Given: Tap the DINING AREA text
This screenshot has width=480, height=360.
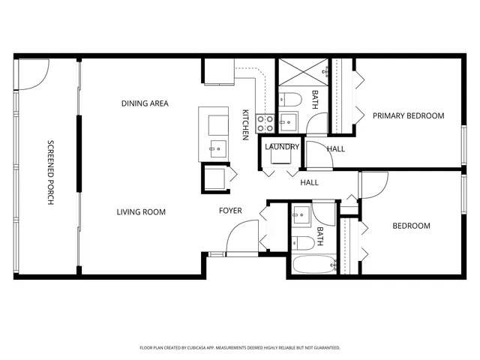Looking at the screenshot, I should [145, 103].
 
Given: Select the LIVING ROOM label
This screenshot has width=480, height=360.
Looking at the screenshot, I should [141, 212].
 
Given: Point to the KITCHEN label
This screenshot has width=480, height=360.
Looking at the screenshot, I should [245, 124].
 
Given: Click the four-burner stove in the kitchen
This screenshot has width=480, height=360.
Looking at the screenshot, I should [265, 122].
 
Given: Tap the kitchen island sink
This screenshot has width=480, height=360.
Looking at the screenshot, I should [217, 147].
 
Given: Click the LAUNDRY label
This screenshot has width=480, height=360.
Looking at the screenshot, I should [282, 147].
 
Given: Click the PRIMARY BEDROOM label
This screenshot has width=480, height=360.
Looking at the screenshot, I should [409, 116].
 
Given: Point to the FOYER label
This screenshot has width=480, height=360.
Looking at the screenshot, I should [230, 211].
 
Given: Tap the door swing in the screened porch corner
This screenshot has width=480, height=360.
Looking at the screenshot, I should [33, 73].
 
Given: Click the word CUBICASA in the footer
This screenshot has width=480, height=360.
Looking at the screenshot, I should [214, 348].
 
